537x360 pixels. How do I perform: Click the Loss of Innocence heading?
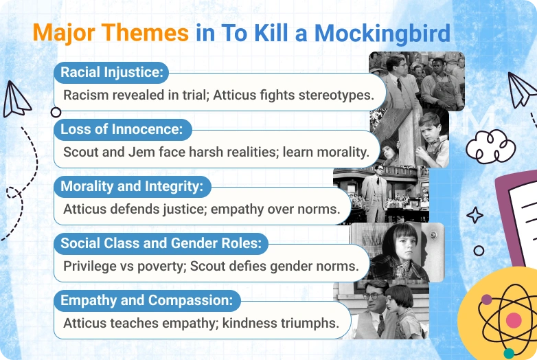(122, 129)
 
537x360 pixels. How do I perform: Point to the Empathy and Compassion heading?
(146, 300)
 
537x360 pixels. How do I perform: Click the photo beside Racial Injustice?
(418, 81)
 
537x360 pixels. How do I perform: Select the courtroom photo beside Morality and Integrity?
(381, 195)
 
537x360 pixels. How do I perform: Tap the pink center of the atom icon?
(514, 319)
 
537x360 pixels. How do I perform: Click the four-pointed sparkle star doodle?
(475, 216)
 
